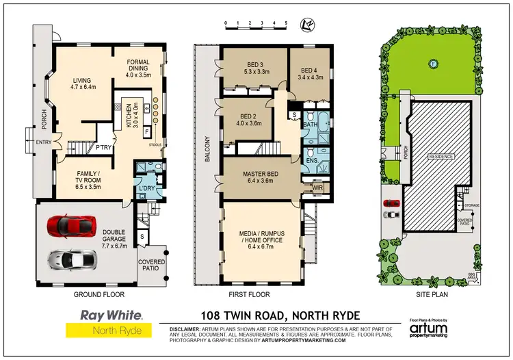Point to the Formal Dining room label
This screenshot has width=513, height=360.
pos(139,68)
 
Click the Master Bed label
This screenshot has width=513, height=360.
pos(258,177)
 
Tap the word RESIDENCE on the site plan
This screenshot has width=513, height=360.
pos(441,156)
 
